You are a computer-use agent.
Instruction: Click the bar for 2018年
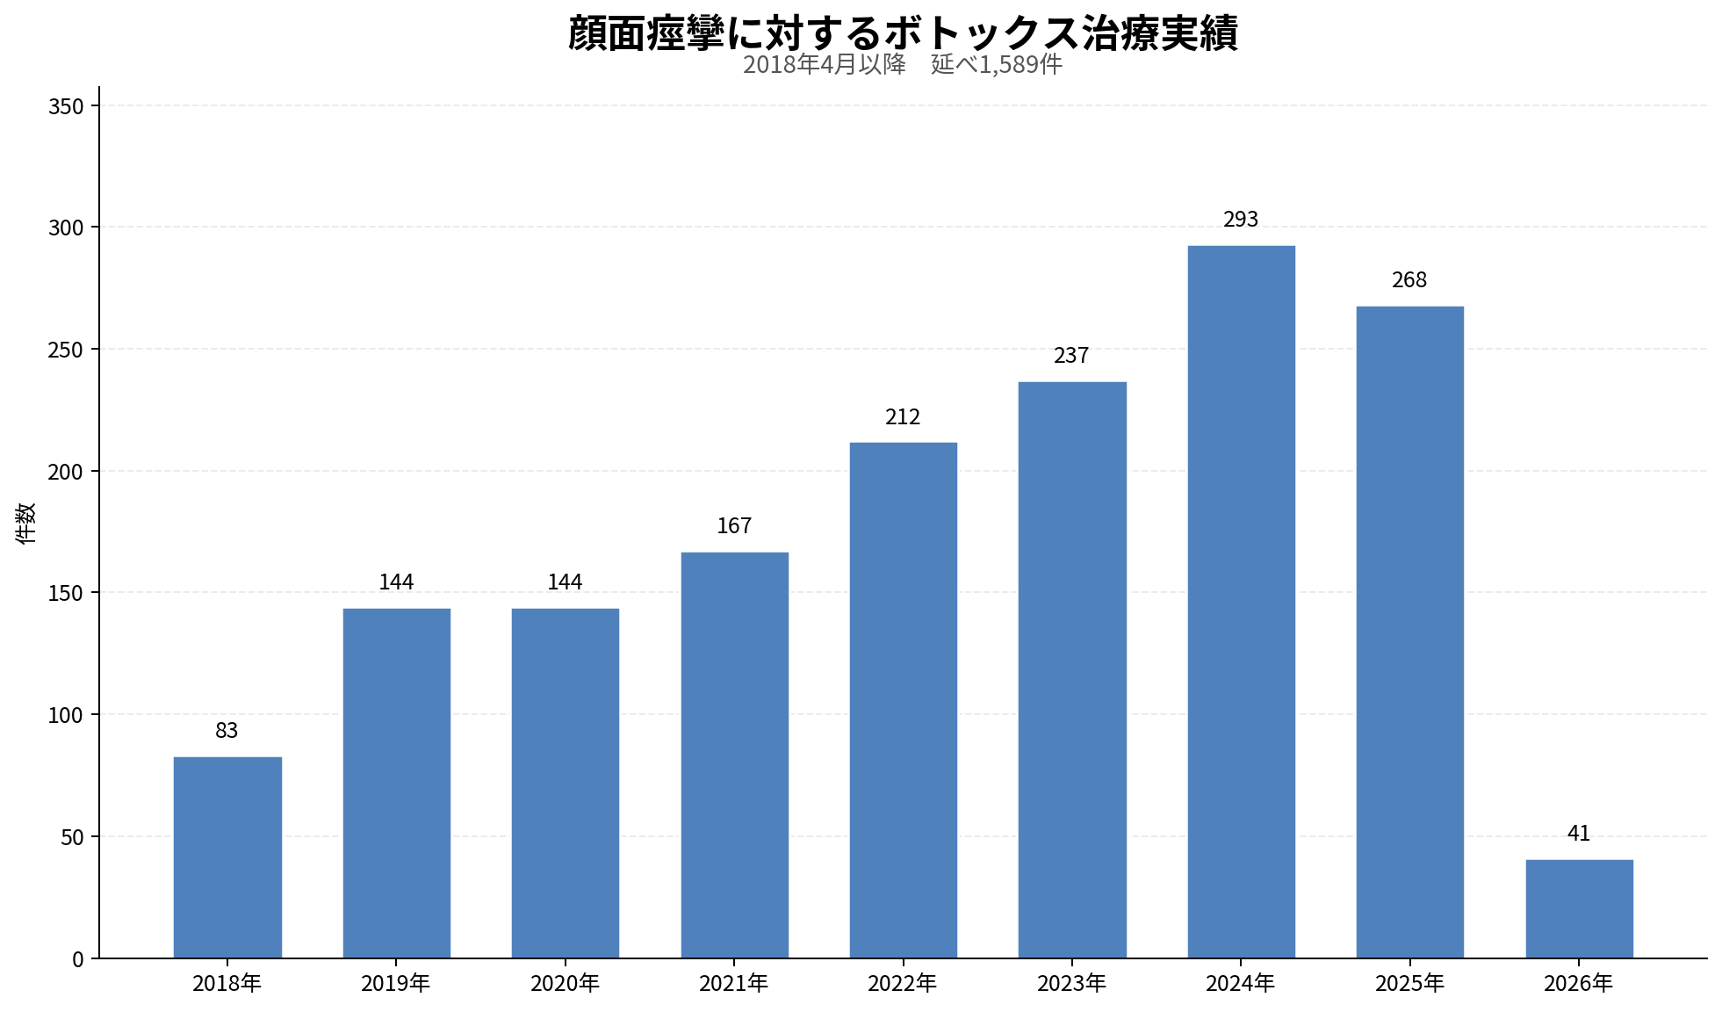pos(227,857)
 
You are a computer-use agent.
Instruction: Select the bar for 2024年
pos(1241,602)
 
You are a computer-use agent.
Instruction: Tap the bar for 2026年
pos(1579,908)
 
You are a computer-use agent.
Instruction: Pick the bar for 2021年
pos(734,755)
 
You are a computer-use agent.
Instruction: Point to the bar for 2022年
pos(903,700)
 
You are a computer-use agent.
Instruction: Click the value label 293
pos(1241,220)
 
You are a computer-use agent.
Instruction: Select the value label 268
pos(1409,280)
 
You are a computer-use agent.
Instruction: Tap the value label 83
pos(227,731)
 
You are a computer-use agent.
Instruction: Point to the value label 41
pos(1579,834)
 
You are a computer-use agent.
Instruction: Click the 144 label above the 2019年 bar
pos(396,582)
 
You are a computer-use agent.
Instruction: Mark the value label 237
pos(1071,356)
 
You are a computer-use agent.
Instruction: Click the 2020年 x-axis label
pos(565,984)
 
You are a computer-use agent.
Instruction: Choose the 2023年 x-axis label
pos(1071,984)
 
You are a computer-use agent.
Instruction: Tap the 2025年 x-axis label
pos(1409,984)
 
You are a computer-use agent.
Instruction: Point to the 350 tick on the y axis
pos(66,106)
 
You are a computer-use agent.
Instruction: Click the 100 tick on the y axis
pos(66,716)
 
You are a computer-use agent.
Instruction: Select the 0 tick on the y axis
pos(78,959)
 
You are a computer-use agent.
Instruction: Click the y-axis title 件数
pos(26,524)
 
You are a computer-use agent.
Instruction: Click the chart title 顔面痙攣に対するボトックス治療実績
pos(903,33)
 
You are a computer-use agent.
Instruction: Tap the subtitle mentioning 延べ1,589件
pos(903,65)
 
